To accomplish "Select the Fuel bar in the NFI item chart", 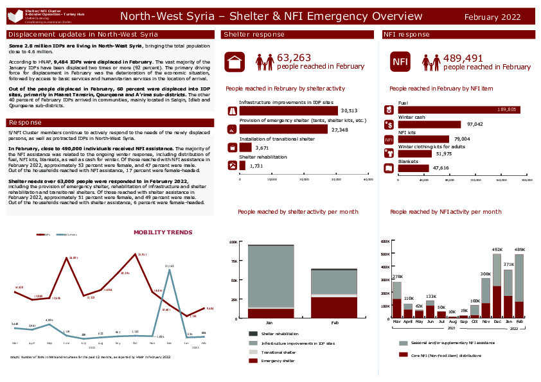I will [459, 110].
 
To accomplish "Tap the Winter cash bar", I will [430, 125].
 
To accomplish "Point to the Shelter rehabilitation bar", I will [243, 166].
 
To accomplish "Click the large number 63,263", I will [294, 58].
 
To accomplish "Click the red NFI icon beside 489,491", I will [400, 62].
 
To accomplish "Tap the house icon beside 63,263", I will [235, 62].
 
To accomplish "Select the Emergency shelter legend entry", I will [278, 361].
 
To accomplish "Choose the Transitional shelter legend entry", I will [278, 352].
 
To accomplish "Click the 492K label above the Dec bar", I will [497, 249].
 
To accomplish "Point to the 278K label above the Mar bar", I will [396, 277].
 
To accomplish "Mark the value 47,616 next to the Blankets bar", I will [441, 168].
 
